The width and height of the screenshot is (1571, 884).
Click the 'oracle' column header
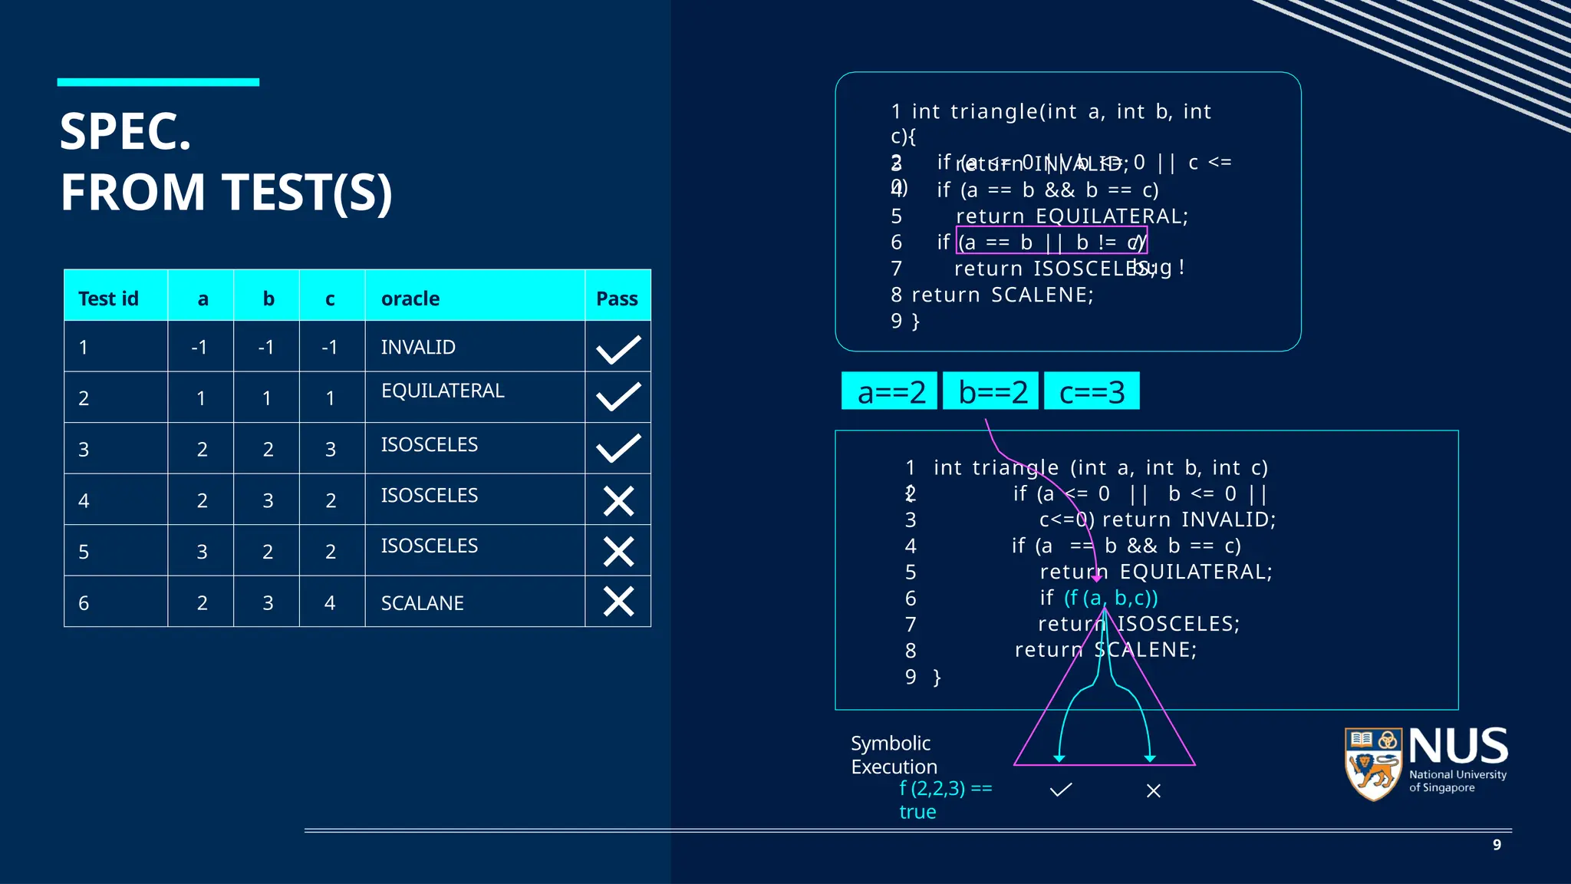[410, 299]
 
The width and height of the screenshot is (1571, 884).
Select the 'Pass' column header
[617, 299]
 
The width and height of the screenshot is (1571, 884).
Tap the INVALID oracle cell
[418, 347]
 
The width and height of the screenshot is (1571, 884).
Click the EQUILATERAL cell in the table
[443, 391]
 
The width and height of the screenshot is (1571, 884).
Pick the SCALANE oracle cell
[422, 603]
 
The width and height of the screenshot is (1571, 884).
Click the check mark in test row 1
[618, 349]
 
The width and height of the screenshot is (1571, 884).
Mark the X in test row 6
[618, 602]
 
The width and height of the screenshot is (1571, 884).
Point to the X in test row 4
[618, 501]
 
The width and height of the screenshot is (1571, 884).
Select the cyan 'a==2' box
[890, 391]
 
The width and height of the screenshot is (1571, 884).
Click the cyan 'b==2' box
[991, 391]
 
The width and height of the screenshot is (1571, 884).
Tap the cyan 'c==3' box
[1092, 391]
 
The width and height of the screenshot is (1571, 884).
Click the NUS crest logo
[1374, 764]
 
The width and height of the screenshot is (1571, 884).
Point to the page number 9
[1497, 845]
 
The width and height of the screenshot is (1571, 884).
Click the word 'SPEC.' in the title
[126, 132]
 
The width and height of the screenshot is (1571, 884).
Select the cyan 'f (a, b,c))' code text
[1110, 598]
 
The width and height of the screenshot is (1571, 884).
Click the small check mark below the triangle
[1061, 790]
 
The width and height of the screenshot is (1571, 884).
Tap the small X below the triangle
[1153, 790]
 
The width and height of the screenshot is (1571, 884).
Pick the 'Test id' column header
[108, 299]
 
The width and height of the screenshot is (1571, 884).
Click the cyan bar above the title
[158, 82]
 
